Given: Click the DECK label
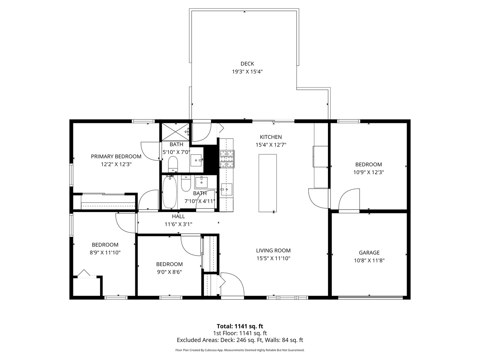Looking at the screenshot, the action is [247, 64].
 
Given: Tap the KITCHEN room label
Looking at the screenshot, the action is [271, 137].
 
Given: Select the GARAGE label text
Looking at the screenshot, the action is [369, 253].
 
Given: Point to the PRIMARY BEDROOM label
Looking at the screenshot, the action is [116, 157].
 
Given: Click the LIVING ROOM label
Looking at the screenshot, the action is [273, 250].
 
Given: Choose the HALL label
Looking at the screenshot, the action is [178, 216].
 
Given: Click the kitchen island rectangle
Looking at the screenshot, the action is [267, 183].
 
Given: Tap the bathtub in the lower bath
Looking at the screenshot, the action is [169, 192].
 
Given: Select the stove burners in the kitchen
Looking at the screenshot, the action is [227, 159].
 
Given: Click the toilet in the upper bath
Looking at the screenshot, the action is [173, 164].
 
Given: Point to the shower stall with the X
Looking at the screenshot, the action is [175, 132].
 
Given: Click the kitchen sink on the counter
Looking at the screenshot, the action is [226, 190].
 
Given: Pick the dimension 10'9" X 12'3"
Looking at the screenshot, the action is [369, 172].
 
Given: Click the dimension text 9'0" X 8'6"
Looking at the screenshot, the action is [169, 272].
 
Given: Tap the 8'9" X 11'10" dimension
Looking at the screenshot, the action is [105, 253].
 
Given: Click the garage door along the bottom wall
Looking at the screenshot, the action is [370, 297].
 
